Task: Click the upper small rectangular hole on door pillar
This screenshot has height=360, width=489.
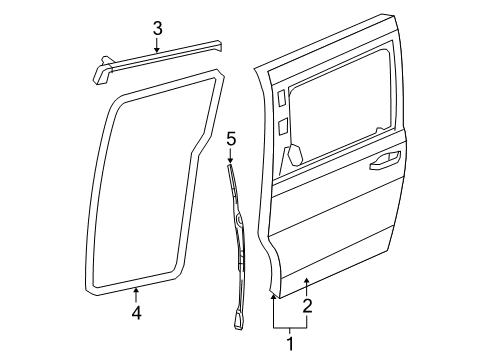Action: tap(281, 99)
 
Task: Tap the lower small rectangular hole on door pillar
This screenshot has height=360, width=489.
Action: tap(282, 125)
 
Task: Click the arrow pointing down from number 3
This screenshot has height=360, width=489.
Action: tap(157, 47)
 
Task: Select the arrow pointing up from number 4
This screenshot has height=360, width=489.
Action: tap(136, 294)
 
